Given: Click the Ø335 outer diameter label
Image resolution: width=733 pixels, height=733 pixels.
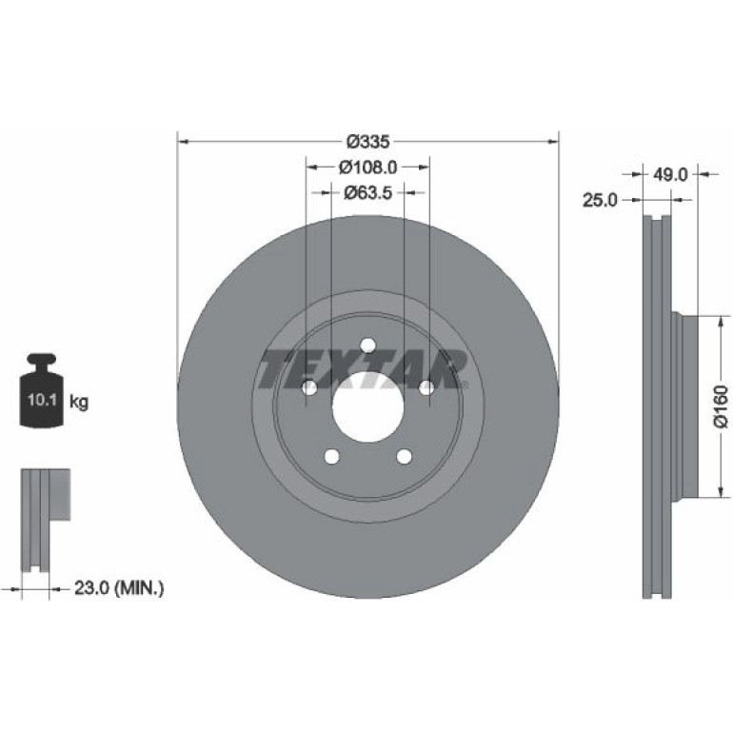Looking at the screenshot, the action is click(x=367, y=141).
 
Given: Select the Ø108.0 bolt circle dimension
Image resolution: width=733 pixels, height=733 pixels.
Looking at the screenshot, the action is click(x=367, y=167).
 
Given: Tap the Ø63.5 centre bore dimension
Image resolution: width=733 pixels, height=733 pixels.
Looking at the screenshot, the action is click(x=367, y=192).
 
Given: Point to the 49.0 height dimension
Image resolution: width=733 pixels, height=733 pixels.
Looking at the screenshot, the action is click(x=670, y=175).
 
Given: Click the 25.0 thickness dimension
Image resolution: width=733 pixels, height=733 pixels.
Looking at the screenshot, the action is click(x=600, y=200).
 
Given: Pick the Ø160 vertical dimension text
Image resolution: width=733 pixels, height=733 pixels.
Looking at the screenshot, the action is click(x=722, y=406).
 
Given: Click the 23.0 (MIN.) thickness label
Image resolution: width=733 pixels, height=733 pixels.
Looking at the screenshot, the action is click(x=119, y=587).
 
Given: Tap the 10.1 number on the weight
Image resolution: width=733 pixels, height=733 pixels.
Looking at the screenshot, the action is click(x=42, y=400).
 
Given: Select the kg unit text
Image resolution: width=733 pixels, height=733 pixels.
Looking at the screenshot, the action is click(x=79, y=402).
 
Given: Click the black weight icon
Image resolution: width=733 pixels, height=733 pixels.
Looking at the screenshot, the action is click(x=41, y=390).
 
